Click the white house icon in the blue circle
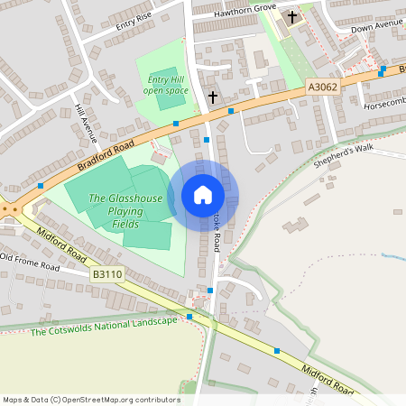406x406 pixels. [203, 194]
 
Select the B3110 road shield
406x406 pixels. [106, 272]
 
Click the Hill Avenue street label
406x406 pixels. [86, 124]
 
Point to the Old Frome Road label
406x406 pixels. [30, 263]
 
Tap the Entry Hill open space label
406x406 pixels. [167, 85]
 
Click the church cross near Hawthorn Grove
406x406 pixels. [291, 16]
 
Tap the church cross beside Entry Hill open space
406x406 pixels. [213, 97]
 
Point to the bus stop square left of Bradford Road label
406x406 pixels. [41, 186]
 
